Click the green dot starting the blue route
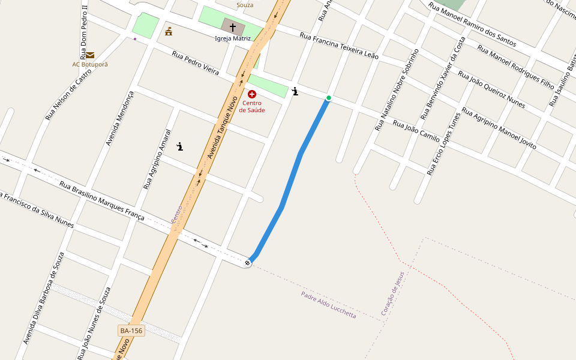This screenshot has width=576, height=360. click(328, 98)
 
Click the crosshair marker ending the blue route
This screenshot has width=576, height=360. click(248, 263)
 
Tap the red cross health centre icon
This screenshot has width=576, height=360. click(252, 94)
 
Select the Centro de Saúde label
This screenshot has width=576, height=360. click(252, 106)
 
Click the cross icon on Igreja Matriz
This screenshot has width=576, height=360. click(233, 27)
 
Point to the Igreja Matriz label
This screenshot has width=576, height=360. click(233, 38)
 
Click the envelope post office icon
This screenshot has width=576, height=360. click(90, 55)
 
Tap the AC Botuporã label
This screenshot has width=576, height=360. click(90, 64)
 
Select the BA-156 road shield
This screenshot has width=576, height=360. click(131, 331)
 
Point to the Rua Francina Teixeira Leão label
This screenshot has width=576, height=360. click(339, 46)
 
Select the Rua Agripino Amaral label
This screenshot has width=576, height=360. click(157, 160)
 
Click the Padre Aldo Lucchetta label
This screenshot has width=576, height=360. click(328, 305)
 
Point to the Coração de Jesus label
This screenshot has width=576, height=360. click(393, 293)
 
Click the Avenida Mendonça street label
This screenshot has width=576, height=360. click(119, 119)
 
